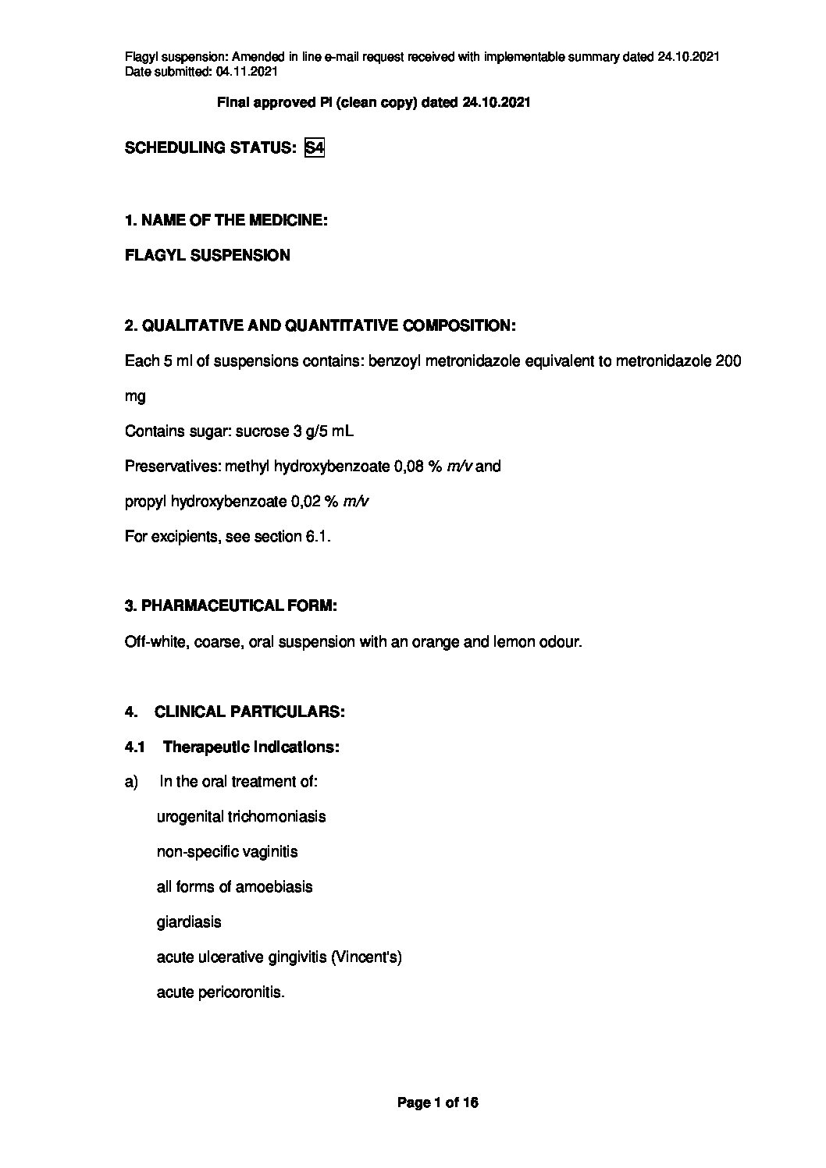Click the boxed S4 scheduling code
314,147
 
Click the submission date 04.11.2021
247,71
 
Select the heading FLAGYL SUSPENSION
207,255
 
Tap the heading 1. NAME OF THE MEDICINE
226,220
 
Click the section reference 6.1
318,537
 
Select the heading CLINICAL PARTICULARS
250,712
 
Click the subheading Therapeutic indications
251,747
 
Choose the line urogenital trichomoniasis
241,817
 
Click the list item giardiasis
189,921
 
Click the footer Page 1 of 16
437,1102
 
